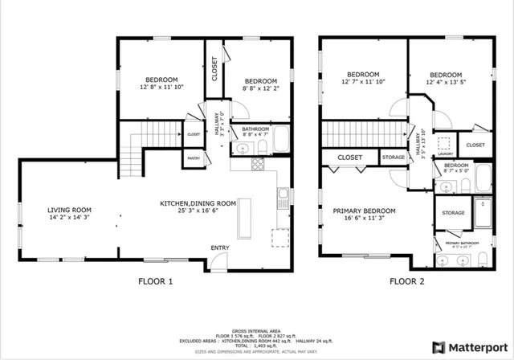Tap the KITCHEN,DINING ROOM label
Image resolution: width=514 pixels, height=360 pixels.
pos(198,203)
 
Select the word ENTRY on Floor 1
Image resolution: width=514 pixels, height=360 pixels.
pos(219,247)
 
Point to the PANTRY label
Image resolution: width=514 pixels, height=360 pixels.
pos(194,158)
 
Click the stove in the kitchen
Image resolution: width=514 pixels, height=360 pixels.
pos(258,164)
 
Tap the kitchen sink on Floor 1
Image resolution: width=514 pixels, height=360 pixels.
pos(284,194)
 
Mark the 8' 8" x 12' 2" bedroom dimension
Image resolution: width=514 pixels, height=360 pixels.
pos(261,89)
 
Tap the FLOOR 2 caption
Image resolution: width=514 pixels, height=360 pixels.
pos(408,281)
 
